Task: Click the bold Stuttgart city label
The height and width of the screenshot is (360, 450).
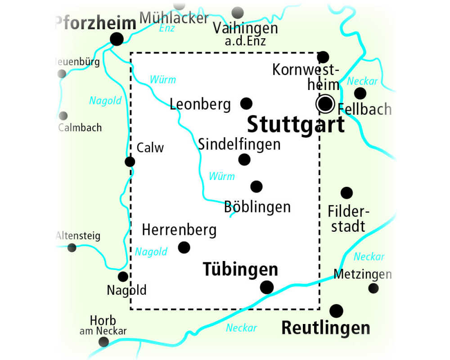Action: coord(296,125)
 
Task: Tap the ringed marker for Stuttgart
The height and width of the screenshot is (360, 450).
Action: coord(325,104)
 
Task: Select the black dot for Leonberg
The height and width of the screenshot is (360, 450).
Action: coord(246,103)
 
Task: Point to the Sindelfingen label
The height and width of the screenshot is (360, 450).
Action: coord(239,144)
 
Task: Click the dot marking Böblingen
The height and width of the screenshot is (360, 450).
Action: coord(256,186)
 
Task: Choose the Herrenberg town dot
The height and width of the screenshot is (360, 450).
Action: coord(184,247)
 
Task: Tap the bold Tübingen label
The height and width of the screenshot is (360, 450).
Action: coord(240,270)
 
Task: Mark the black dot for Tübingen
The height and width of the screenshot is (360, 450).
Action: coord(267,287)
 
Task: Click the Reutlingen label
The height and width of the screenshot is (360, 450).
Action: coord(326,328)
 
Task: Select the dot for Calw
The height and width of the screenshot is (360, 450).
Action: coord(130,162)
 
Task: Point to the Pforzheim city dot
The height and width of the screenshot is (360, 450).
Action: coord(117,39)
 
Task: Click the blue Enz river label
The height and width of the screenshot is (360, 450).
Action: coord(167,28)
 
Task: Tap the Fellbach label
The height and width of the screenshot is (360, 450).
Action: coord(364,109)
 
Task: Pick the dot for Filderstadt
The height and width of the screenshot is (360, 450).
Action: coord(346,193)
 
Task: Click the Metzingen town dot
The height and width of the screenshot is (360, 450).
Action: coord(373,288)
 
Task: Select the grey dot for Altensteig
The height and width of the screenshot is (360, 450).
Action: coord(72,247)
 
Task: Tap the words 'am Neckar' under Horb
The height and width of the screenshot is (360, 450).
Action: coord(103,331)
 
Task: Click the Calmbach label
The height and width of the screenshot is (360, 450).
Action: coord(80,128)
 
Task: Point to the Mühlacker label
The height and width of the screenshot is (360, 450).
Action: coord(174,18)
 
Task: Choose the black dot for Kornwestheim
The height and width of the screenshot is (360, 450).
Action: coord(323,57)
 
